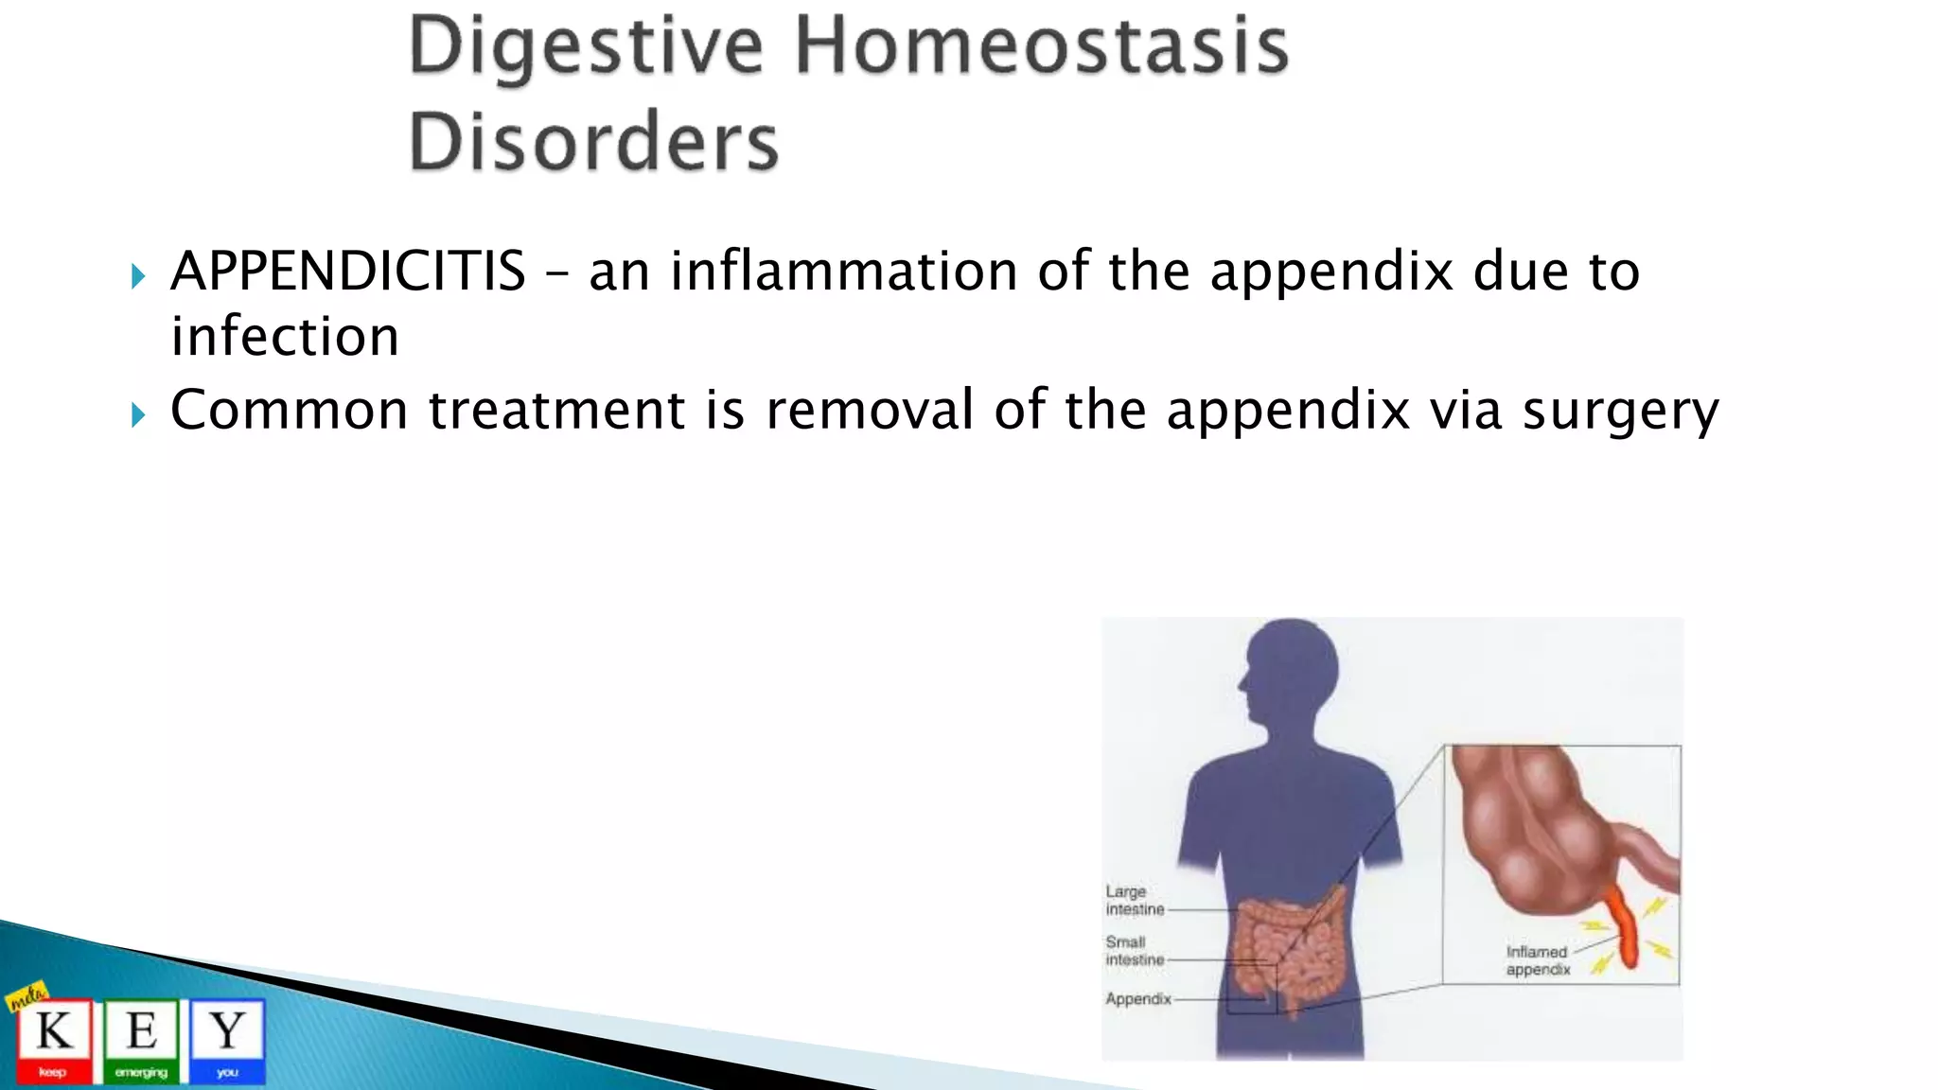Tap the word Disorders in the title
(x=593, y=142)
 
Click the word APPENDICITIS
(x=347, y=272)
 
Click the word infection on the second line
(x=285, y=337)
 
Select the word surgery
(x=1620, y=412)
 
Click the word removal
(x=869, y=410)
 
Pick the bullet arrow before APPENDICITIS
(x=138, y=276)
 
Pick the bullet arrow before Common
(x=138, y=414)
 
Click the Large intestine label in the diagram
(x=1134, y=900)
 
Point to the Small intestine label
(x=1134, y=950)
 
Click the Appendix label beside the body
(x=1137, y=998)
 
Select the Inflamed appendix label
(x=1538, y=960)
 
